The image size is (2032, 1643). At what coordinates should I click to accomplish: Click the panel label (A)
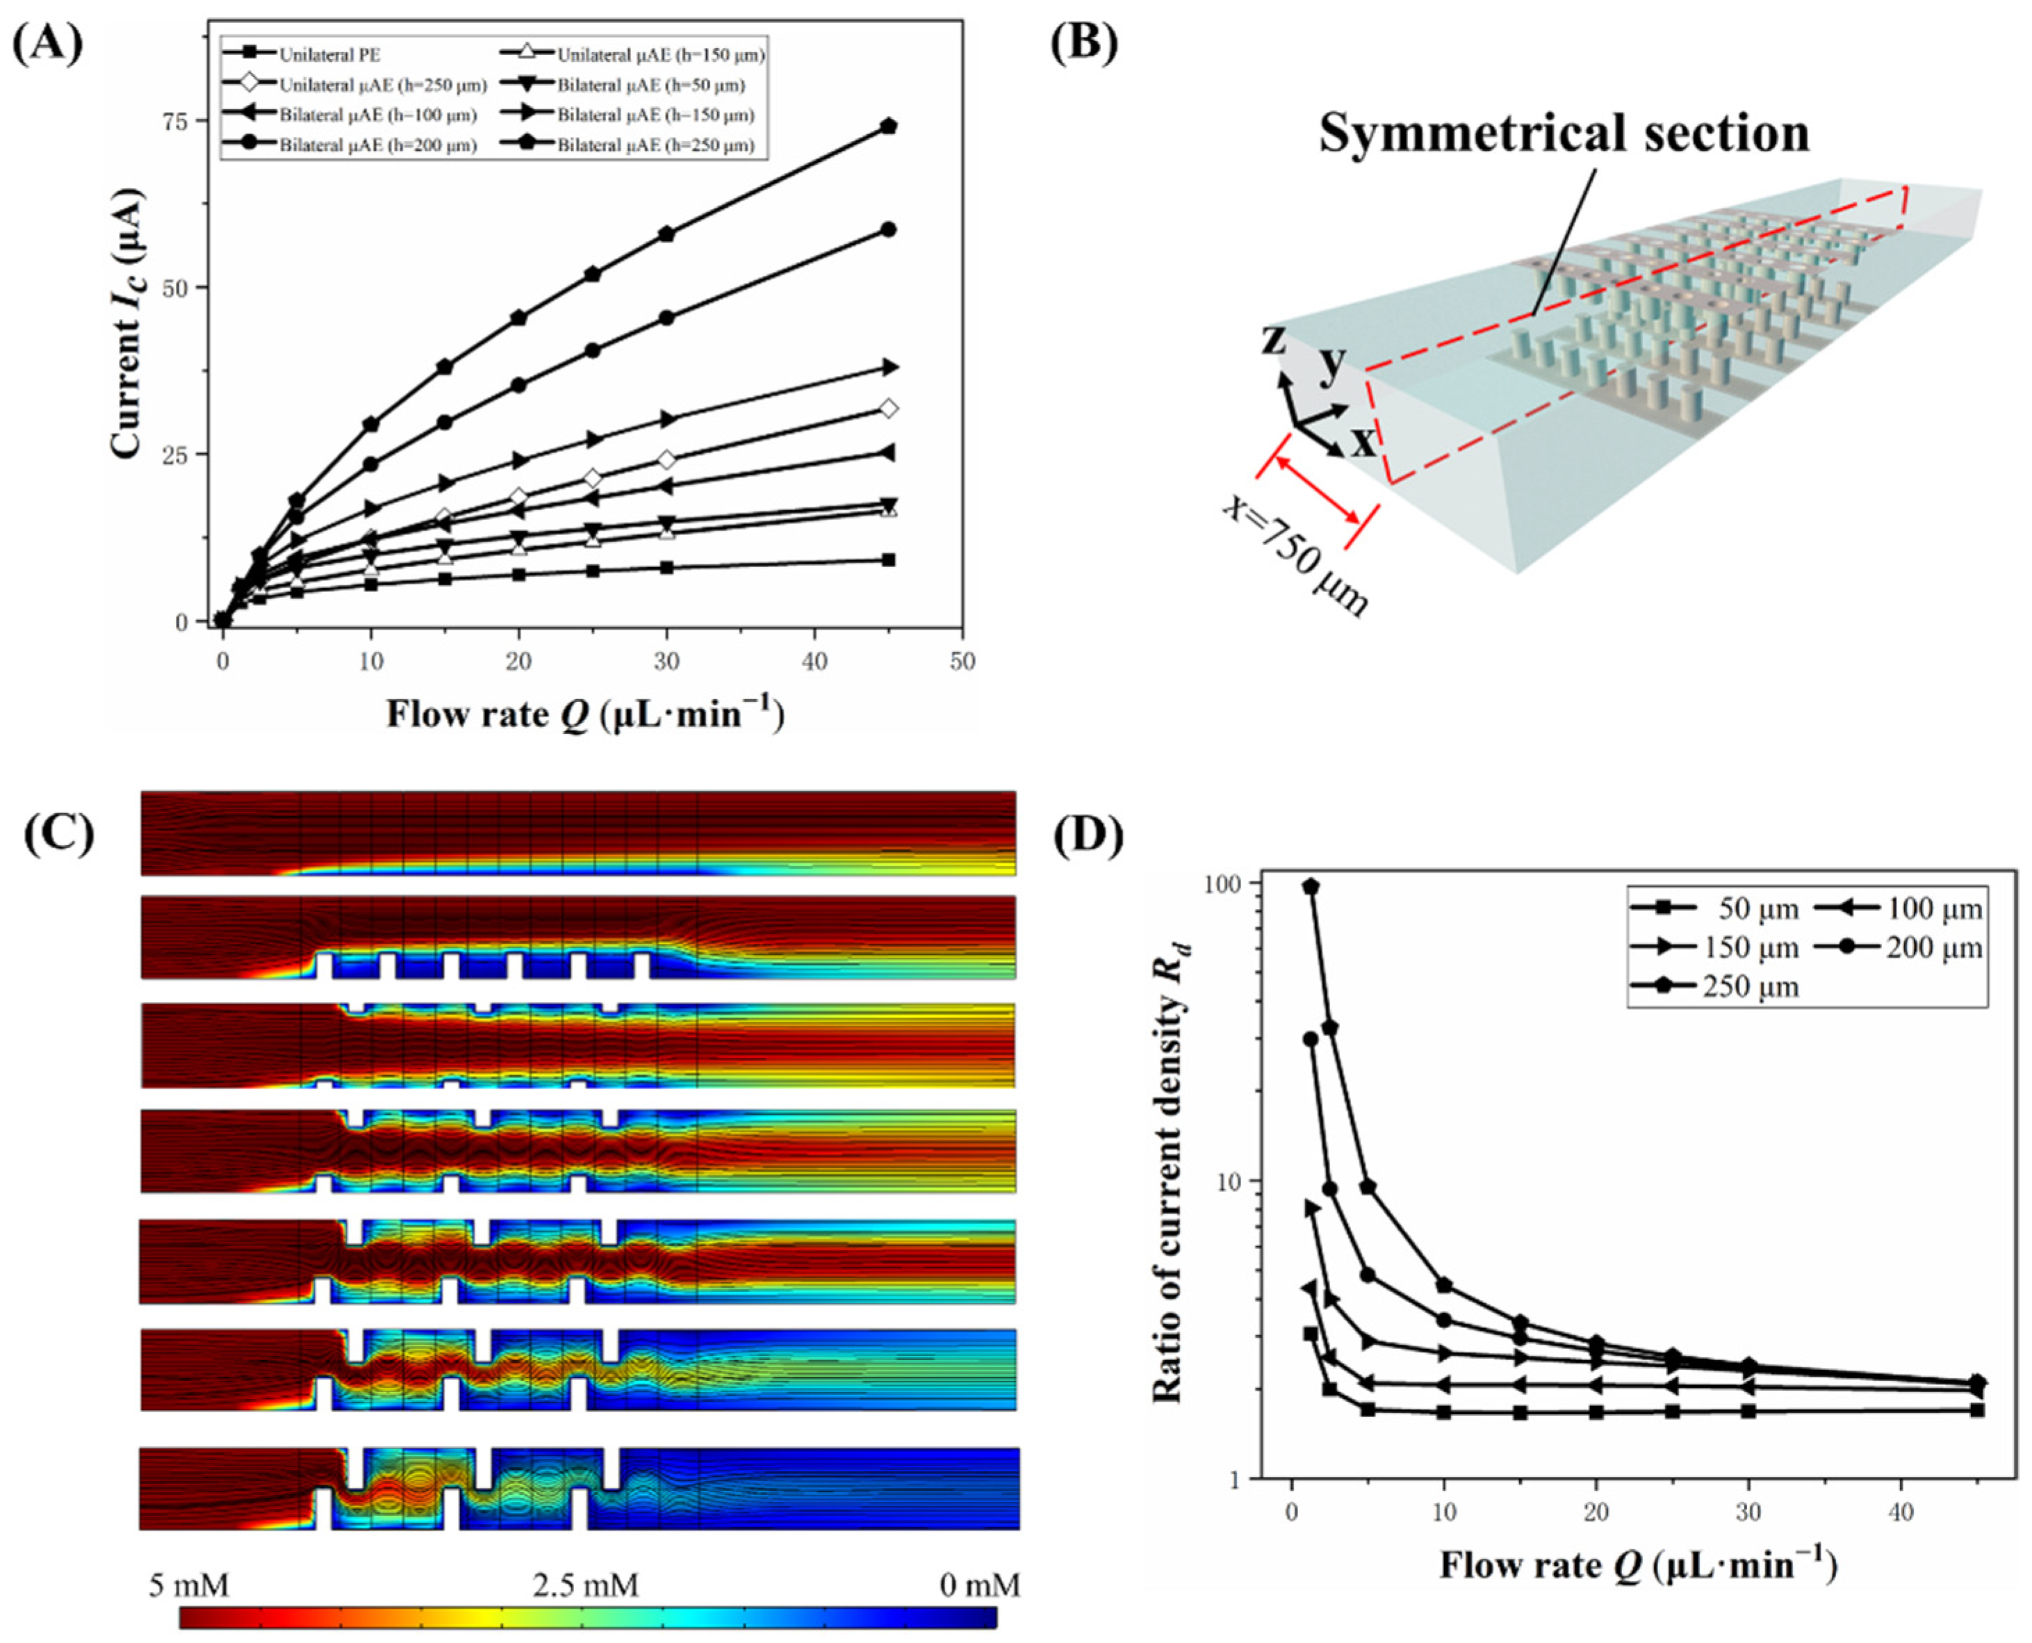click(47, 44)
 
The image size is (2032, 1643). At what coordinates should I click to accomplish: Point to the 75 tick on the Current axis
click(177, 120)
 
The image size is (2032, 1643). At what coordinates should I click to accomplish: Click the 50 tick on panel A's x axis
click(962, 662)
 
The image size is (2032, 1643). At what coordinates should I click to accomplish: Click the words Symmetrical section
click(1564, 133)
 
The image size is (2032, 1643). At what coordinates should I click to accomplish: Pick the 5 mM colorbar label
click(188, 1585)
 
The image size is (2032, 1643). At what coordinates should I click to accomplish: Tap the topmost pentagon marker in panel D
click(1311, 887)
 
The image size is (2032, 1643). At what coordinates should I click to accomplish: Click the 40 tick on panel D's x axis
click(1901, 1512)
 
